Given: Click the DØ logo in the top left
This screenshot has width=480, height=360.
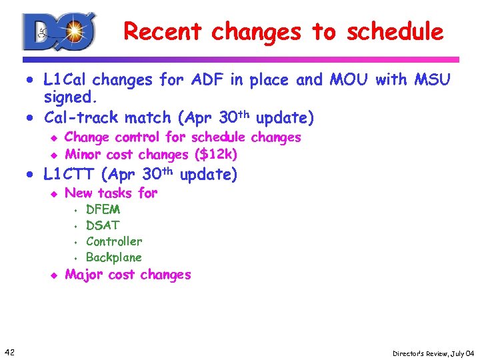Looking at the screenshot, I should [59, 31].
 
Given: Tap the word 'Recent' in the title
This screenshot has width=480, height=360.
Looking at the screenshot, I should [163, 31].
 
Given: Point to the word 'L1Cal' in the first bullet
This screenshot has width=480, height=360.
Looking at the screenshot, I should [65, 80].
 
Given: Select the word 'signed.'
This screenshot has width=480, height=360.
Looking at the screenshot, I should [71, 98].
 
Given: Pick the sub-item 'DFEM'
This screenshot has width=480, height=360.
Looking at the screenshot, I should [103, 209].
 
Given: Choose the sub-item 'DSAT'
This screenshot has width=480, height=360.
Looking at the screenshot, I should [103, 225].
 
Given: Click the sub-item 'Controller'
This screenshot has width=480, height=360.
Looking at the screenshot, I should [114, 241].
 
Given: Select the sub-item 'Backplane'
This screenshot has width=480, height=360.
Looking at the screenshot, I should [114, 257].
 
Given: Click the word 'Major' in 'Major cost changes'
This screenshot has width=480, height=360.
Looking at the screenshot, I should [85, 275].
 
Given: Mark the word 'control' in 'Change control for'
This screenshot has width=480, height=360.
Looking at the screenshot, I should [137, 137].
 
